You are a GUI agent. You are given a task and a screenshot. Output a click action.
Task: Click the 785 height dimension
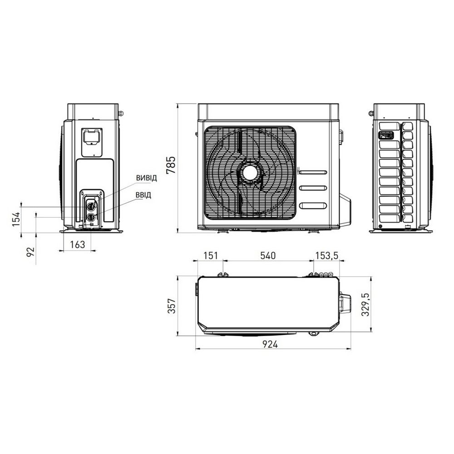(171, 166)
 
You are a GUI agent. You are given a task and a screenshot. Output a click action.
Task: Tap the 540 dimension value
(268, 256)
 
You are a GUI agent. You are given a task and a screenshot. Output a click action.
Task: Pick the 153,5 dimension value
(327, 256)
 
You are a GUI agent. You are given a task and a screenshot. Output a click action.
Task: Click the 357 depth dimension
(171, 306)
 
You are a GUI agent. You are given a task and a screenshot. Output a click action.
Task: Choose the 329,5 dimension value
(367, 304)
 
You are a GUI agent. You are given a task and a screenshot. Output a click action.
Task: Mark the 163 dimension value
(78, 245)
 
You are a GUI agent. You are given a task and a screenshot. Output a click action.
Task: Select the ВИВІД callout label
(146, 178)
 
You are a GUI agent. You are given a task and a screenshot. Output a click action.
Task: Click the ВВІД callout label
(143, 196)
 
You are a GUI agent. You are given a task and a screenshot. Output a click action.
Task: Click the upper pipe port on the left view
(91, 205)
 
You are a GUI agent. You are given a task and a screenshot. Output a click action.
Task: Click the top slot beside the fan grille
(313, 173)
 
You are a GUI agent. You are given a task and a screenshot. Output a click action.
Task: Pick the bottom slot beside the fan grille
(313, 205)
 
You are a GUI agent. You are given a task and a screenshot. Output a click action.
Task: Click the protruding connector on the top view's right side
(345, 303)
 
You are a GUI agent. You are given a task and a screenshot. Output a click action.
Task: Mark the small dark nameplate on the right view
(385, 135)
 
